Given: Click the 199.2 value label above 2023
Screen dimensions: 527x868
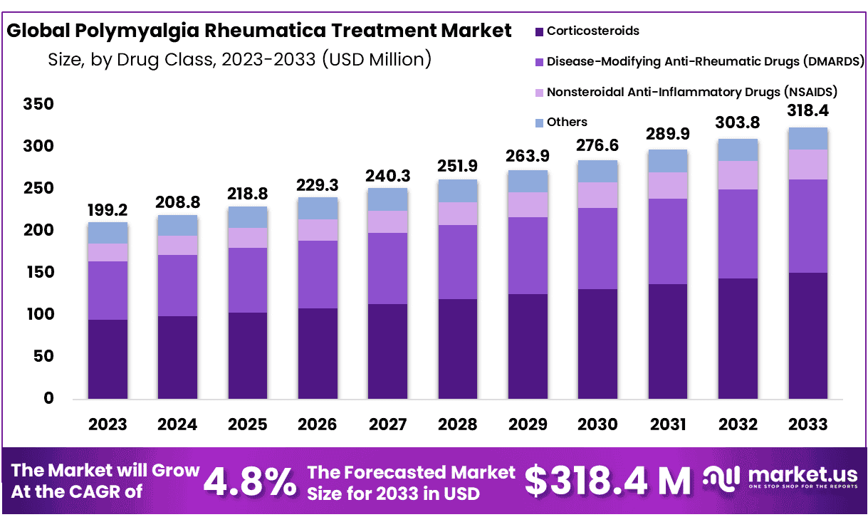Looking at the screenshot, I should pos(107,210).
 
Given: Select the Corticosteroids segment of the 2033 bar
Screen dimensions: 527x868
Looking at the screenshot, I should pos(807,335).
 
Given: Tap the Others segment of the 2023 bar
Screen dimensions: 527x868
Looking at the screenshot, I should pos(108,233).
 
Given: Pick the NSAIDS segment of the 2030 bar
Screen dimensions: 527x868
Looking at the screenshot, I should pos(597,194).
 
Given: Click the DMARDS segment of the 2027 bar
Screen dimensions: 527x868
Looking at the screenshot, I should pos(387,268).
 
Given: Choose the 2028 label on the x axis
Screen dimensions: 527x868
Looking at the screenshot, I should pos(457,424).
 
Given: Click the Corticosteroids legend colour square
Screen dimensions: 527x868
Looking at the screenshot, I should pos(539,31).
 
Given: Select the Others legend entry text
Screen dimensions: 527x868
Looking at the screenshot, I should pos(567,122).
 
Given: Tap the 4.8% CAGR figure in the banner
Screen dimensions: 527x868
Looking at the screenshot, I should pos(250,482).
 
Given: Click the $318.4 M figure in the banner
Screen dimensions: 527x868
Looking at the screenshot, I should pos(607,481).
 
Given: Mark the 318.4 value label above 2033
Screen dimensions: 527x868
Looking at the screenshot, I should pos(807,111).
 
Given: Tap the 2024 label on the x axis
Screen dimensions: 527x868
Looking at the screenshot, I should pos(177,424).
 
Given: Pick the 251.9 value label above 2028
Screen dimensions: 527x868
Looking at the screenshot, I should pos(457,167).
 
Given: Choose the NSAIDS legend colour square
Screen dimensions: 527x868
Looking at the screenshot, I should pos(539,93).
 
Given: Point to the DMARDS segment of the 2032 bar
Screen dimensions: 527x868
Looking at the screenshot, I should pos(738,234).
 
